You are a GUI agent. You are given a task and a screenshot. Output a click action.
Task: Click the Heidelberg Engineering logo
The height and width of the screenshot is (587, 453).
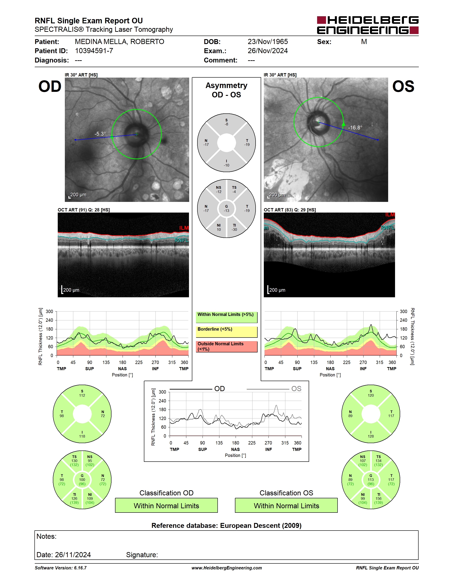tap(368, 25)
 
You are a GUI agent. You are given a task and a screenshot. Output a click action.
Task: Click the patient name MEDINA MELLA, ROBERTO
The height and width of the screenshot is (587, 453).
tap(119, 42)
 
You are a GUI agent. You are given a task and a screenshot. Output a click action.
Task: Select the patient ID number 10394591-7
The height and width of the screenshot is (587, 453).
tap(94, 51)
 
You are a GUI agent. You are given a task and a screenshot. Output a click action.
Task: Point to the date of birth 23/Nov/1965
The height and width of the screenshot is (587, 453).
tap(268, 42)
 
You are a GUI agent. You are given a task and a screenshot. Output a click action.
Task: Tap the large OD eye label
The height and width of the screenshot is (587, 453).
tap(50, 86)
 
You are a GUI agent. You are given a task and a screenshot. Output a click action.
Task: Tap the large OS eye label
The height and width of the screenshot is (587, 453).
tap(403, 86)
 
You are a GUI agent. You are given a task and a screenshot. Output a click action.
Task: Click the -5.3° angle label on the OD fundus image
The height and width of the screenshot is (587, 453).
tap(100, 134)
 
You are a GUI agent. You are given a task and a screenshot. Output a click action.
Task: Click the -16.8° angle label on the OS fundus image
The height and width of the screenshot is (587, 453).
tap(355, 127)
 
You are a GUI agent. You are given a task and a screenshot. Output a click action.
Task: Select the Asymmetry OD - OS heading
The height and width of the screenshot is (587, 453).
tap(226, 90)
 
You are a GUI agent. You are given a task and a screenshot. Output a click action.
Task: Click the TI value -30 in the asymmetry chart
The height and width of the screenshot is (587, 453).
tap(234, 229)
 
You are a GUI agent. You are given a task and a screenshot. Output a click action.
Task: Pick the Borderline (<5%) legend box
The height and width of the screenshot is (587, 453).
tap(226, 332)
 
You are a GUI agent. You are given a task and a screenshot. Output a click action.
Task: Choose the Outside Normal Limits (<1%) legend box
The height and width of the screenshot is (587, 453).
tap(226, 347)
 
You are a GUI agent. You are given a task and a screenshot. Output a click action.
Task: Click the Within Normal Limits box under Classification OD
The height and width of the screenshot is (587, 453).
tap(166, 506)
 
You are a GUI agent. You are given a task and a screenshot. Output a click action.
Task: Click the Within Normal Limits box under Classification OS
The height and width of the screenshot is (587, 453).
tap(286, 506)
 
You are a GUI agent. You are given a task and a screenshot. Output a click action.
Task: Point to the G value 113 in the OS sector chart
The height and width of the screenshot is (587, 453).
tap(371, 480)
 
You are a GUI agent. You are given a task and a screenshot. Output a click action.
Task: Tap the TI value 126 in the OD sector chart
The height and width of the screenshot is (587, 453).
tap(74, 499)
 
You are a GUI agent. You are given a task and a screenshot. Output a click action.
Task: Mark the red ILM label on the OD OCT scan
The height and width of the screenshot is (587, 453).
tap(184, 228)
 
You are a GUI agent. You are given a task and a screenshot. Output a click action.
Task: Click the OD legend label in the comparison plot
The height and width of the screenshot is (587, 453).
tap(220, 389)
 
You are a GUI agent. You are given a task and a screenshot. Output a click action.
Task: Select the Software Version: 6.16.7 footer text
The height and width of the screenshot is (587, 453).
tap(61, 568)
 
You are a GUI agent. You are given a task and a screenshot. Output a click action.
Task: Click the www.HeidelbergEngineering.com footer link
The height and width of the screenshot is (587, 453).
tap(226, 568)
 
